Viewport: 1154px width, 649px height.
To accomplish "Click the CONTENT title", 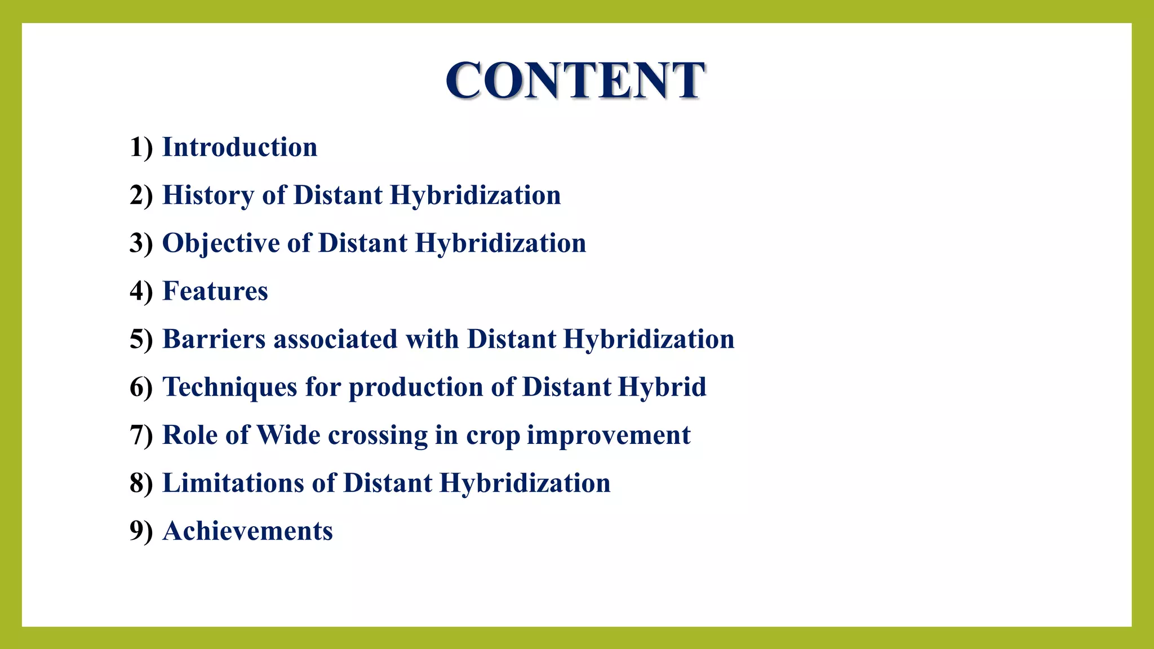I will tap(575, 80).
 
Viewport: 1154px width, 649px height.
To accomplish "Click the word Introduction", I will tap(239, 148).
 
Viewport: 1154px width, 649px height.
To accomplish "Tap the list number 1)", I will tap(141, 148).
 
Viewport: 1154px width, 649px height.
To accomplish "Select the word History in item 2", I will tap(208, 195).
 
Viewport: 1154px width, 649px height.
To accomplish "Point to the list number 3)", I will tap(141, 243).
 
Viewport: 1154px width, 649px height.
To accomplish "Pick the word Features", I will tap(215, 291).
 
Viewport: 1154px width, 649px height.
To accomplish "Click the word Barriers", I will tap(214, 339).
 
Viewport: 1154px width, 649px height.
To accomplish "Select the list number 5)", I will tap(141, 339).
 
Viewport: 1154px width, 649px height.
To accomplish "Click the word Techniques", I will tap(229, 387).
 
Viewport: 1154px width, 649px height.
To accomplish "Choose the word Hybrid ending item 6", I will tap(662, 387).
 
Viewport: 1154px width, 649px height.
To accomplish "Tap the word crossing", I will tap(378, 435).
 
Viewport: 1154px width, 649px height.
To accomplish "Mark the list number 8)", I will tap(141, 483).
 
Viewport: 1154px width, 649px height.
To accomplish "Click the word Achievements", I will tap(247, 531).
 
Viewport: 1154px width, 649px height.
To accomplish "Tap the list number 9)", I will tap(141, 531).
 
